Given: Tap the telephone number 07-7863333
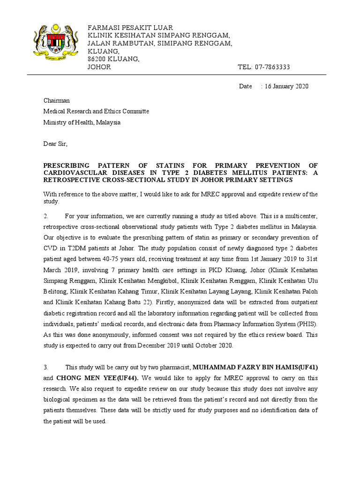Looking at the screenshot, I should tap(272, 67).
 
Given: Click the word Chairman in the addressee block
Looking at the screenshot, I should tap(57, 100).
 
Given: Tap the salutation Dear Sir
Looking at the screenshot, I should tap(56, 144).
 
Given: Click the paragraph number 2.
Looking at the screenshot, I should tap(46, 216).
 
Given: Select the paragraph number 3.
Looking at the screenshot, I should tap(46, 367).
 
